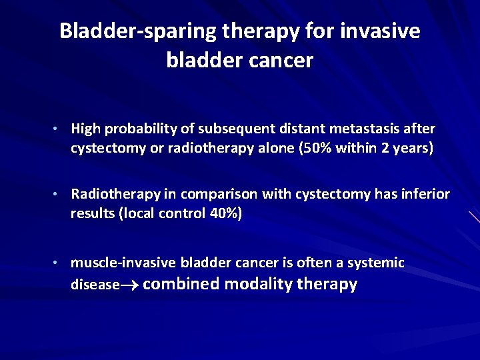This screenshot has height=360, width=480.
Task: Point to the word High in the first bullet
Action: [85, 128]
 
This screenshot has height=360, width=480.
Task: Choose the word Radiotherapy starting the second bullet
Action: [115, 194]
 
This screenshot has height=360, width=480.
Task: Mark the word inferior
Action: [425, 194]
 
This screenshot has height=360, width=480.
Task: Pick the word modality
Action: [258, 284]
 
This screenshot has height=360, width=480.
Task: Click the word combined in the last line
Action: [181, 284]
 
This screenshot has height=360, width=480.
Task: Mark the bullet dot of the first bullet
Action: [59, 129]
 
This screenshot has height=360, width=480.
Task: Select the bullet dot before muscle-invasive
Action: [59, 263]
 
